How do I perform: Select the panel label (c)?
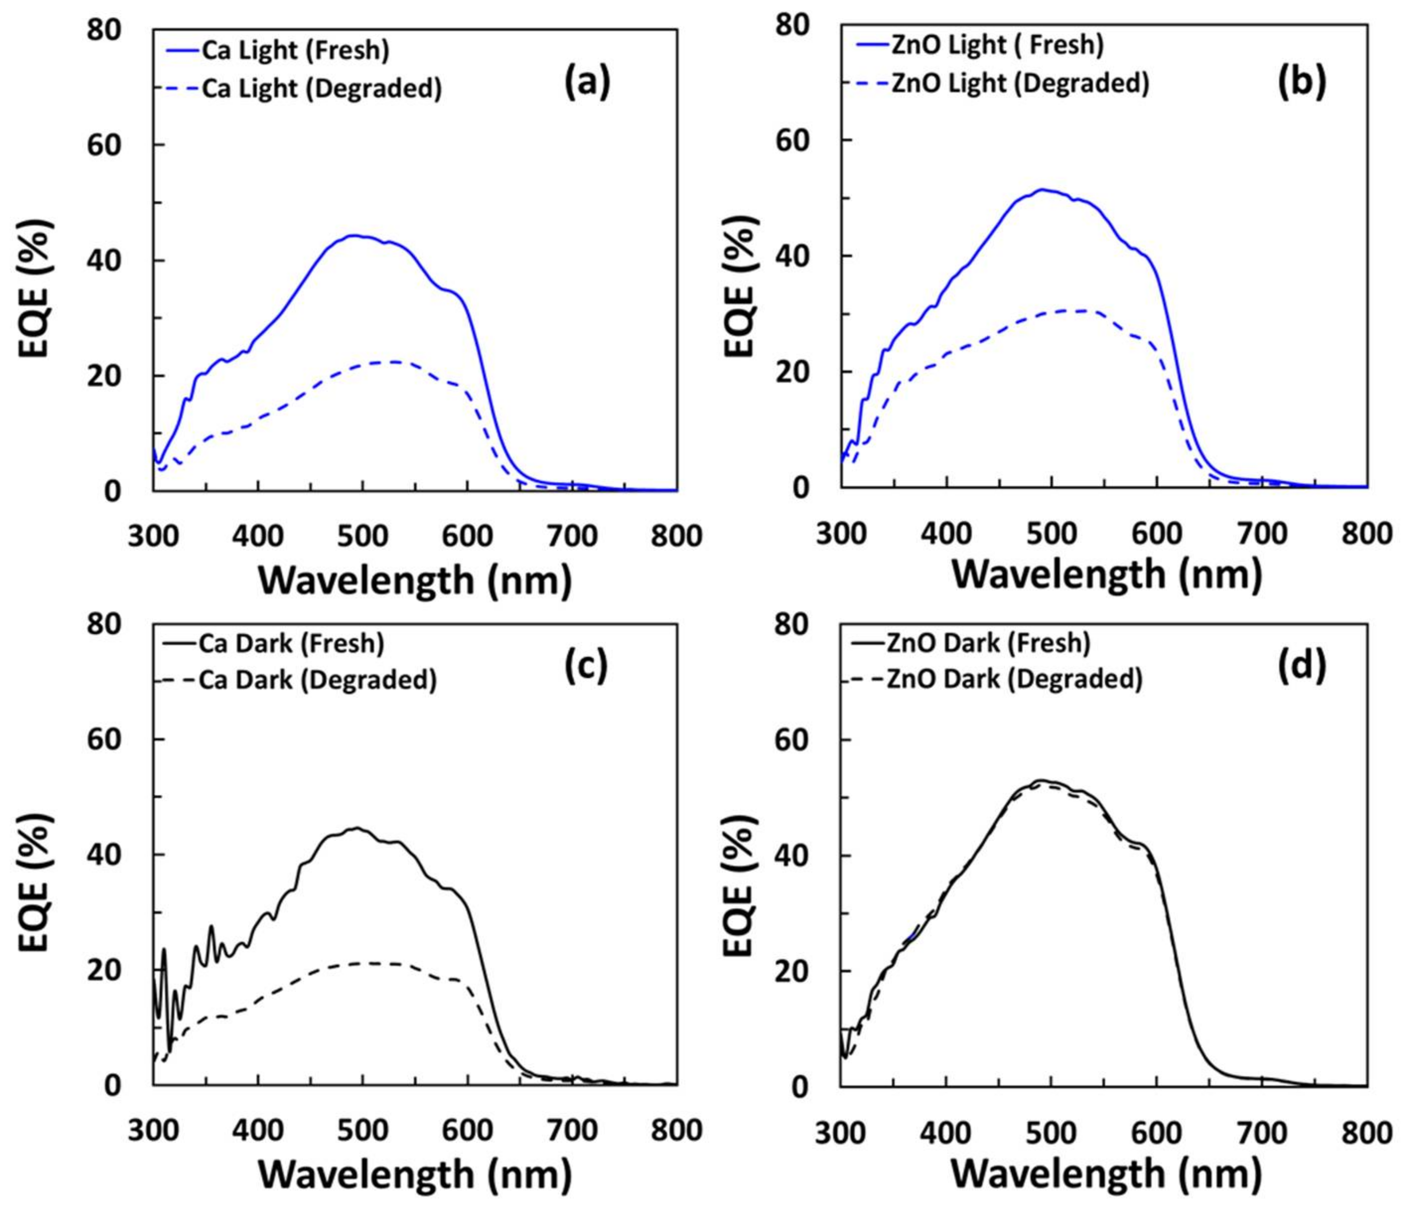click(586, 666)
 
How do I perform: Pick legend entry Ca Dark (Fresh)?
click(291, 643)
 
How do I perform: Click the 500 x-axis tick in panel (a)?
click(362, 536)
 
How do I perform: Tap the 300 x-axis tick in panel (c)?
click(153, 1130)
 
